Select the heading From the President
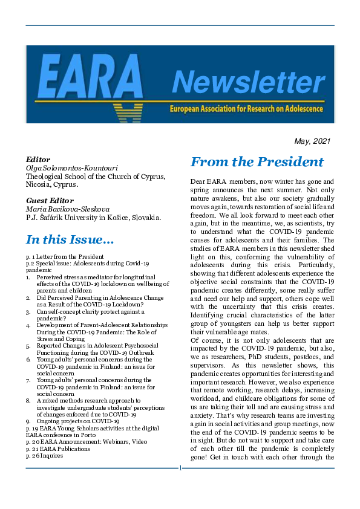(x=257, y=162)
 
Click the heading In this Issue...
(x=70, y=240)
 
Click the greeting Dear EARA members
(x=221, y=181)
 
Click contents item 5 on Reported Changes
(x=97, y=349)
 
